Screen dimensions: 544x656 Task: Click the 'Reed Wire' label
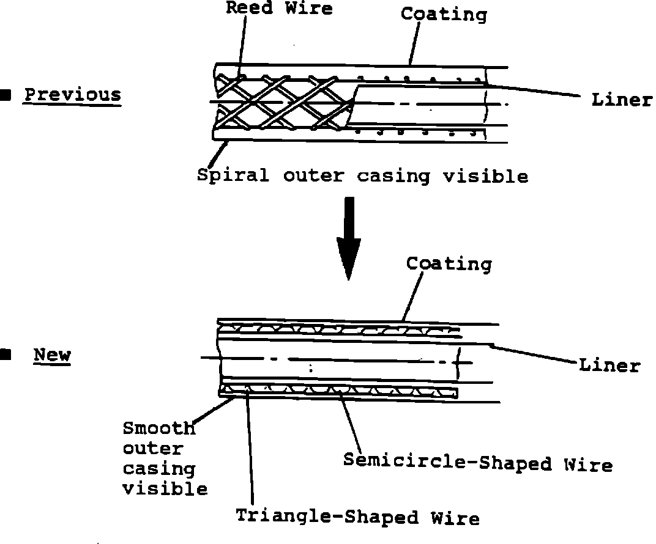(279, 8)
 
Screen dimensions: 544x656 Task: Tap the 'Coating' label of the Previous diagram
(444, 15)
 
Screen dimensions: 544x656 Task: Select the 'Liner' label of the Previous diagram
(622, 100)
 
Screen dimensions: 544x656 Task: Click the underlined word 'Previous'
(73, 95)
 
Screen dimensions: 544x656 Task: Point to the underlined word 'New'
(52, 355)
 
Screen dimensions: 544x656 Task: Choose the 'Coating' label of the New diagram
(449, 264)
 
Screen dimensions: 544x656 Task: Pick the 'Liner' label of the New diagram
(609, 366)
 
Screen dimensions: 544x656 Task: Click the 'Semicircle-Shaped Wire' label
(477, 463)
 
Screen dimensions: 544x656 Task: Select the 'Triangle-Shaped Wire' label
(357, 517)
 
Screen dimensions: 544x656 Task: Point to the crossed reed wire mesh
(281, 101)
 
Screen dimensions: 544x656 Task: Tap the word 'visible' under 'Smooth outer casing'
(165, 489)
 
